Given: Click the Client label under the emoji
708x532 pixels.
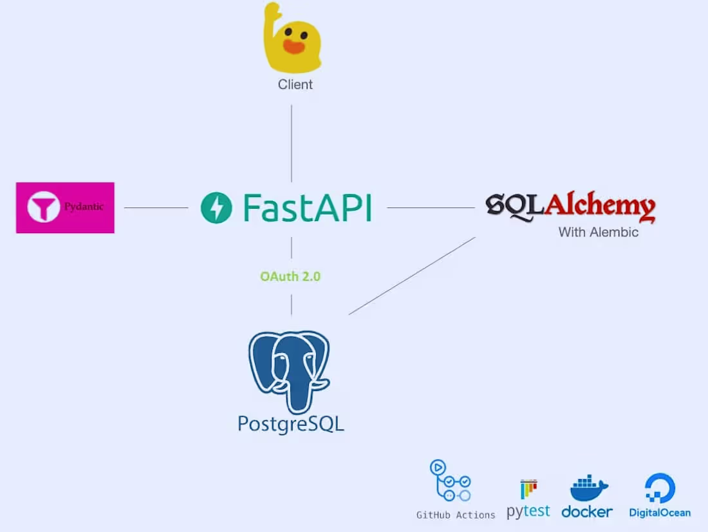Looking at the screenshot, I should [295, 84].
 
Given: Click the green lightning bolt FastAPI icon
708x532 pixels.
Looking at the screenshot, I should [216, 208].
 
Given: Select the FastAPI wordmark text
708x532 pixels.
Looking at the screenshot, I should [307, 208].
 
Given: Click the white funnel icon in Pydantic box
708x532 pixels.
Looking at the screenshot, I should [43, 207].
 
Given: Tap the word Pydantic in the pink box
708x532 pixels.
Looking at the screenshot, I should [84, 207].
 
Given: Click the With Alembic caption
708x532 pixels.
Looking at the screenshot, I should [598, 232].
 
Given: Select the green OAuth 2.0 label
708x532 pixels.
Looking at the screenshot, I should [290, 277].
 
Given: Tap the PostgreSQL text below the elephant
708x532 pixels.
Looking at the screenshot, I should [291, 423].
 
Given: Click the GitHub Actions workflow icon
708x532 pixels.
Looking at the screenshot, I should [450, 481].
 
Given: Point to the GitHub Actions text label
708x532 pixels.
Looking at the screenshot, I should [456, 515].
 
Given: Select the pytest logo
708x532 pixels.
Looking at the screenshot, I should [528, 500].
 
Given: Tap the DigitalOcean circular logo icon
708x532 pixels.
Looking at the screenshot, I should [660, 488].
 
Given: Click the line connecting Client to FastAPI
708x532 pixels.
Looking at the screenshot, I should [292, 143].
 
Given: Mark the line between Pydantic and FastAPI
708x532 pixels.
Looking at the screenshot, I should [156, 208].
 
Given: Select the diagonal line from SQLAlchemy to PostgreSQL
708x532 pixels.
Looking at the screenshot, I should [412, 276].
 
